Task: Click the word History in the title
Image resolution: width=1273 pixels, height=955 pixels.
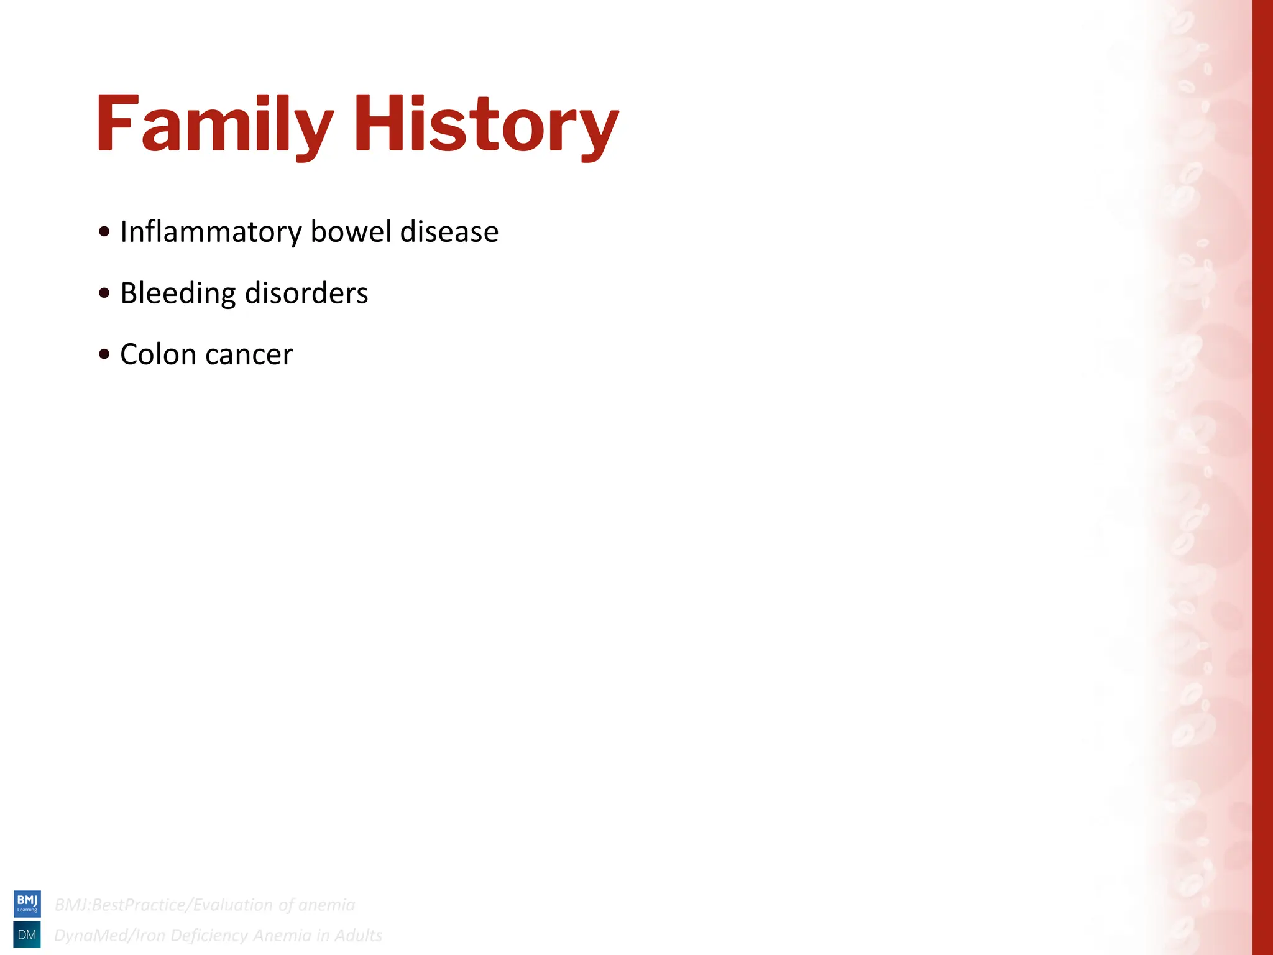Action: pos(486,124)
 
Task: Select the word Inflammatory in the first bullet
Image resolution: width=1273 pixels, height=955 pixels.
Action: pos(211,232)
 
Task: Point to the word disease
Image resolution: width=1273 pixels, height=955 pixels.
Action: pos(449,231)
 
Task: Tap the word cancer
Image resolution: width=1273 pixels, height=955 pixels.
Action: pos(249,355)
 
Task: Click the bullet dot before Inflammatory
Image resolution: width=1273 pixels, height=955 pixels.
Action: pos(104,232)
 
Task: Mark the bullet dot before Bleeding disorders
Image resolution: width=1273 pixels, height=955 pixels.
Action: pos(104,293)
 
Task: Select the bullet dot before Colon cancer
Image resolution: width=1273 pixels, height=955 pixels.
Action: pos(104,354)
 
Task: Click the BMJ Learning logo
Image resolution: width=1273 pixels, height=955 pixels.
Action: pos(27,903)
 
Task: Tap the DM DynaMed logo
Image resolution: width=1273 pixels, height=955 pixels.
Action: pos(27,934)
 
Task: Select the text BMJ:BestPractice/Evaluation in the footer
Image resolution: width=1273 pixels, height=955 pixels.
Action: pos(163,905)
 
